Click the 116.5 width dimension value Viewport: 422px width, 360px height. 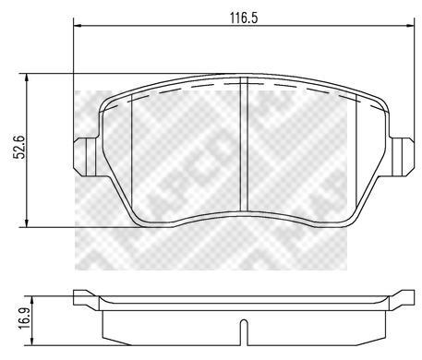pos(244,18)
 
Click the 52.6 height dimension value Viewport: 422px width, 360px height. pos(20,147)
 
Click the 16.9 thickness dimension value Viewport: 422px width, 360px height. pos(25,318)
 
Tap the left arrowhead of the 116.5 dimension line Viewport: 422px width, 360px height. pos(77,26)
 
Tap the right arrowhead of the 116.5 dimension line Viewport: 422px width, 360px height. pos(411,26)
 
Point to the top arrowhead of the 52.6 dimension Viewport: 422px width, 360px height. pos(27,78)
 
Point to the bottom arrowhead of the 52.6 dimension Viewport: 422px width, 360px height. pos(27,223)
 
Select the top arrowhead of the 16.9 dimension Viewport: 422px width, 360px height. pos(31,300)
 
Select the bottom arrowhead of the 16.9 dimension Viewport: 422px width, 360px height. pos(31,342)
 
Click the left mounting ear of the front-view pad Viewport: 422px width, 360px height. pos(85,157)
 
